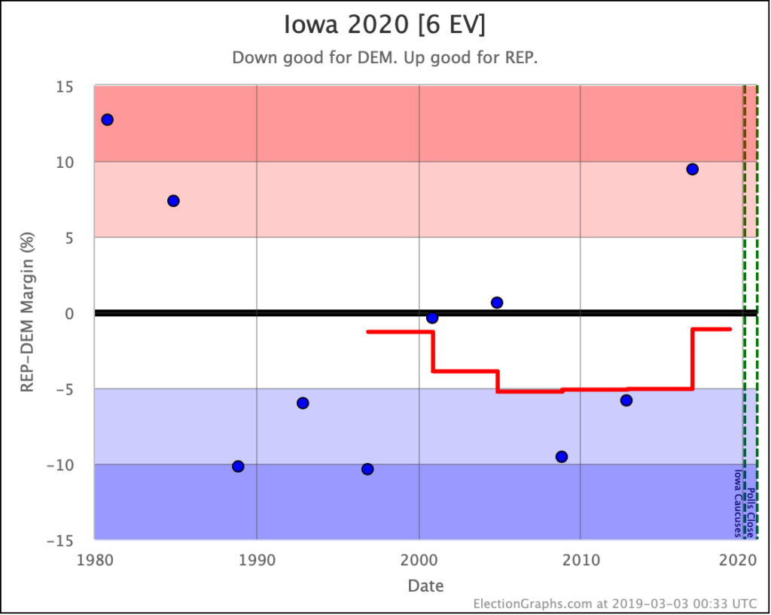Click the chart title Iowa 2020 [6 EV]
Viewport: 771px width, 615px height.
pyautogui.click(x=385, y=25)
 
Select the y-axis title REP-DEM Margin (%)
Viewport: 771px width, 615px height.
pyautogui.click(x=28, y=313)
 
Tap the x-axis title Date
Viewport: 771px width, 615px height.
pyautogui.click(x=425, y=586)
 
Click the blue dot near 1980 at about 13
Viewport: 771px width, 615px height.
pyautogui.click(x=107, y=120)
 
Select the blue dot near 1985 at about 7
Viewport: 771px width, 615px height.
pyautogui.click(x=173, y=201)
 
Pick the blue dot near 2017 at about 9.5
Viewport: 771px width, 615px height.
pyautogui.click(x=692, y=169)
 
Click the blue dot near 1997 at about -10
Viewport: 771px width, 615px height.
pyautogui.click(x=367, y=469)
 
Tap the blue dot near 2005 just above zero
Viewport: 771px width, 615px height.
pyautogui.click(x=497, y=303)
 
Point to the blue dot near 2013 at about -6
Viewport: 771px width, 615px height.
pyautogui.click(x=626, y=400)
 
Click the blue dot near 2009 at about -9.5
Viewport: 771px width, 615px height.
pyautogui.click(x=562, y=457)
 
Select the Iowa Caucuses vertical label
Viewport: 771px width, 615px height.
pyautogui.click(x=739, y=504)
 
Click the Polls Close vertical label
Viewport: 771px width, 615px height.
pyautogui.click(x=751, y=511)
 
